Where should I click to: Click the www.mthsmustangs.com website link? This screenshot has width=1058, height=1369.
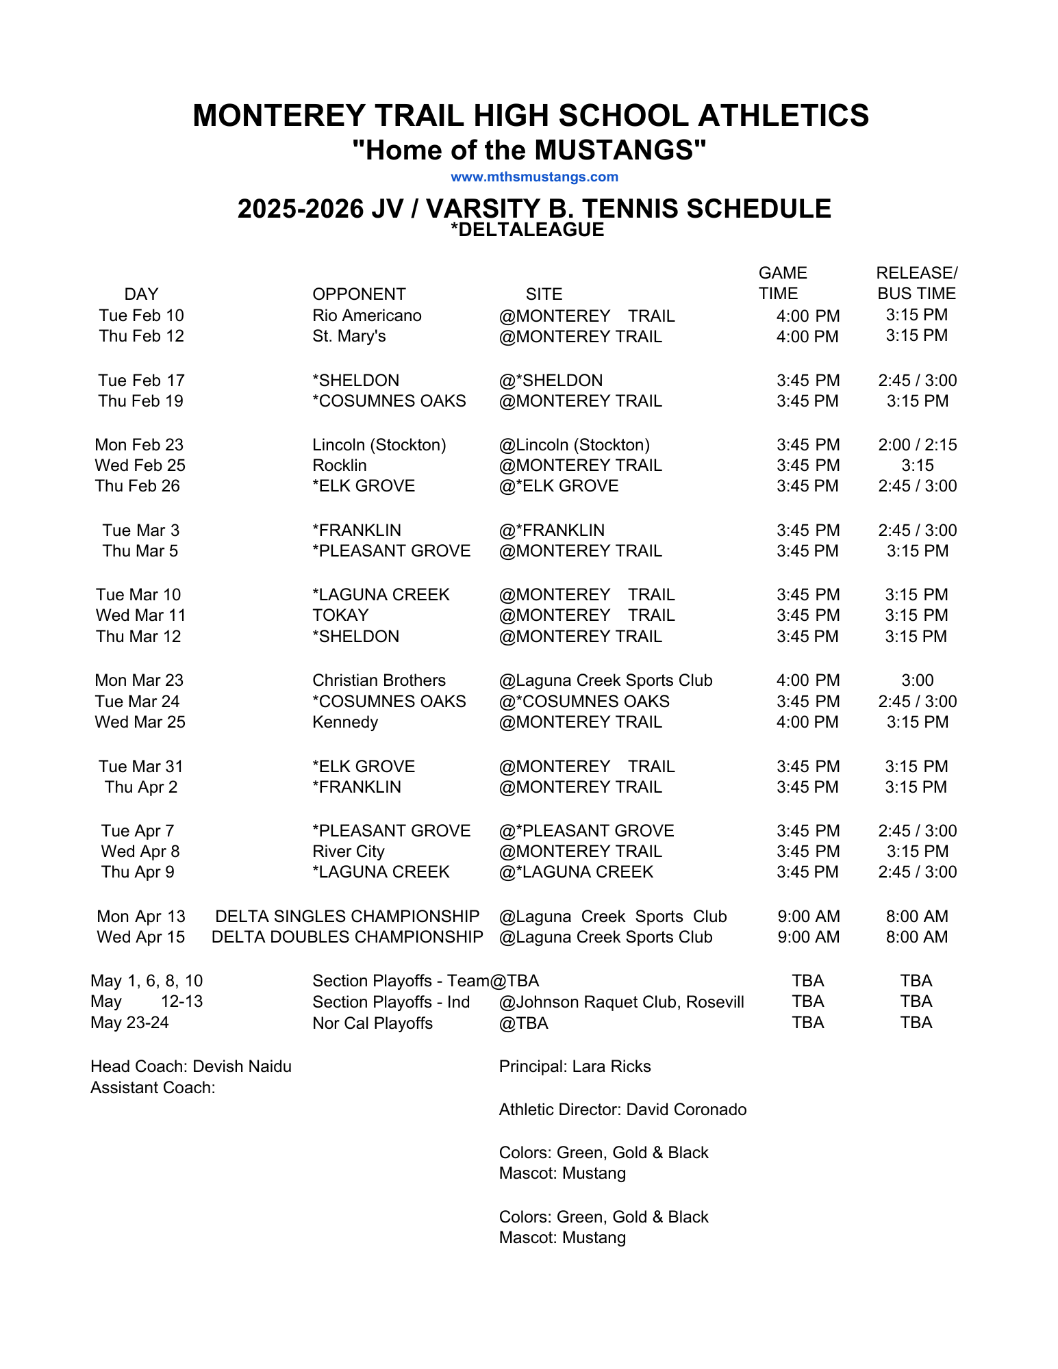[x=534, y=177]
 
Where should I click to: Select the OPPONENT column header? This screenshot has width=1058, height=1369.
[x=359, y=294]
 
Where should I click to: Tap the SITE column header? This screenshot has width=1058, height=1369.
[x=544, y=294]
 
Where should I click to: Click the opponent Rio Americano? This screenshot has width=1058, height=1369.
[x=366, y=316]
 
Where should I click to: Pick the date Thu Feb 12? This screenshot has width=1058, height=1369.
[x=141, y=336]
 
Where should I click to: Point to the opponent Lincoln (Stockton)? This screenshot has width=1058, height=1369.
[x=379, y=445]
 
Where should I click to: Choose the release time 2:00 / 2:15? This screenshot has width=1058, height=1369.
[x=917, y=445]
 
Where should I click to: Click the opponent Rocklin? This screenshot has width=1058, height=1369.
[x=339, y=465]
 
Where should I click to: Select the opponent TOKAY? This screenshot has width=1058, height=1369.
[x=340, y=615]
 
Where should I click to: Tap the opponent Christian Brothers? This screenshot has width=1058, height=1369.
[x=379, y=680]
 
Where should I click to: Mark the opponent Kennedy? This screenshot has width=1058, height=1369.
[x=345, y=722]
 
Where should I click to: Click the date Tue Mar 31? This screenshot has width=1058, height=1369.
[x=140, y=767]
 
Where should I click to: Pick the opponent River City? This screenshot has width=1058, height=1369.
[x=348, y=852]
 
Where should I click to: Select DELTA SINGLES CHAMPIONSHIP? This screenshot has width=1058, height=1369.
[x=347, y=917]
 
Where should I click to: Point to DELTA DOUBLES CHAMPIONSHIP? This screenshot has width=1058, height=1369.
[x=347, y=937]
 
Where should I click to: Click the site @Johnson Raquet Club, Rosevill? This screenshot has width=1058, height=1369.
[x=621, y=1002]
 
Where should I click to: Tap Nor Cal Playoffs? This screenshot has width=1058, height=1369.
[x=373, y=1023]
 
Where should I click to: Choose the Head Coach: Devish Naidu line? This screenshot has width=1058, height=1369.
[x=191, y=1066]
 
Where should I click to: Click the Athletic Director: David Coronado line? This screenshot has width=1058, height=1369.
[x=622, y=1110]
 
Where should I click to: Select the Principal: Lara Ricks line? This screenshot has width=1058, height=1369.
[x=575, y=1066]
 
